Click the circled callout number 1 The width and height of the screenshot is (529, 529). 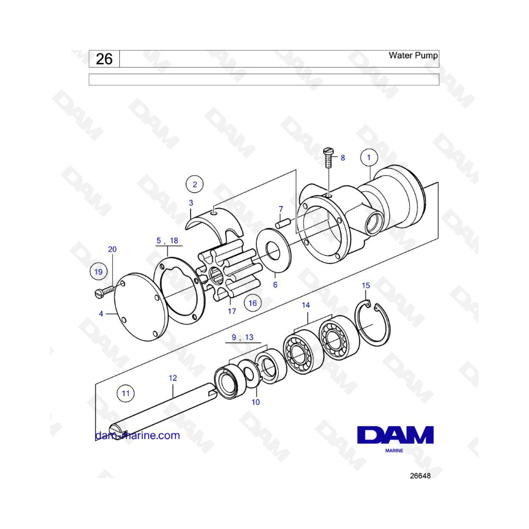(369, 157)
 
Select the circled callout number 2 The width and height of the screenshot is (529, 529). (195, 184)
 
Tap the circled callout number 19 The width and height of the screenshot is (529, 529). (98, 272)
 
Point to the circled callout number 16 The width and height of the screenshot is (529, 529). (253, 303)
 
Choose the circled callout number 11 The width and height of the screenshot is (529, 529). (126, 393)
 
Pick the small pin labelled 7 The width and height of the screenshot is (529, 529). (283, 223)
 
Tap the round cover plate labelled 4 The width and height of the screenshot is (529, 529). (141, 307)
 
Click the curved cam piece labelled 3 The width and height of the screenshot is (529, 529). (216, 225)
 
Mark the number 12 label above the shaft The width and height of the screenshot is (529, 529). (173, 378)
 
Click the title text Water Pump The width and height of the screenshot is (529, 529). (413, 55)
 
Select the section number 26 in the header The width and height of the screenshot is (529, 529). (104, 59)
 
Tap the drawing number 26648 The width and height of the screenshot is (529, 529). (420, 476)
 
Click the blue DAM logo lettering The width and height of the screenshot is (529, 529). (396, 434)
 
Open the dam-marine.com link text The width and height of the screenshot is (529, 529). (138, 435)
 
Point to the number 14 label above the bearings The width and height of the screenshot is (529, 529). (306, 305)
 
